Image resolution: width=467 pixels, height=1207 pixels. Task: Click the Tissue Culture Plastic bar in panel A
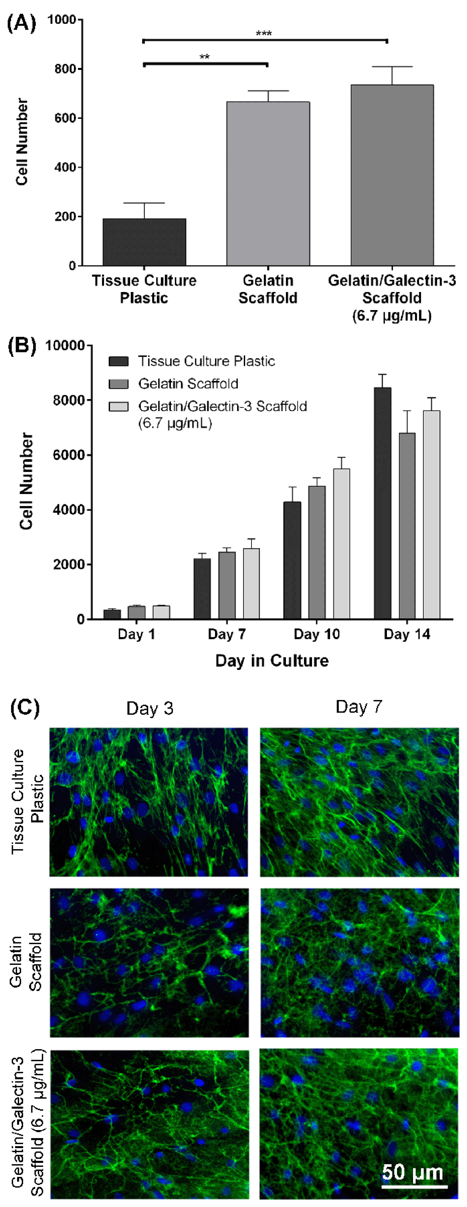pos(145,242)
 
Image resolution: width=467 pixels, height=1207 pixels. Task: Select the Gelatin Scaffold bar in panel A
pos(268,184)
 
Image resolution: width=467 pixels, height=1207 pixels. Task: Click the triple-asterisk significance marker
pos(264,33)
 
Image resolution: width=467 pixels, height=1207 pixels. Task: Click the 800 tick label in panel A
pos(65,69)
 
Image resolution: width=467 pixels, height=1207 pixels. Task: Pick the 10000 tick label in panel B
pos(65,345)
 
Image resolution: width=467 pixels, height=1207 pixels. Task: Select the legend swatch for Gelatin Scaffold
pos(119,384)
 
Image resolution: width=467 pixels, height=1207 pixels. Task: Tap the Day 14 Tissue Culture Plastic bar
pos(383,503)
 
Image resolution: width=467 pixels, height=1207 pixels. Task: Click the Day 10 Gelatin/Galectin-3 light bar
pos(341,544)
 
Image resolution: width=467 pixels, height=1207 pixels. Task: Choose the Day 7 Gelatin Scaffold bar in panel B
pos(227,585)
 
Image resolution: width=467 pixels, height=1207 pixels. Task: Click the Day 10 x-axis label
pos(316,634)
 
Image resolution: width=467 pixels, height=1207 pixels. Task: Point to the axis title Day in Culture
pos(272,661)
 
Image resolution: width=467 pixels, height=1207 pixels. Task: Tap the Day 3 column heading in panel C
pos(149,709)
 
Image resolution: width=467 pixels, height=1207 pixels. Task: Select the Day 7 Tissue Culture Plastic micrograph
pos(360,802)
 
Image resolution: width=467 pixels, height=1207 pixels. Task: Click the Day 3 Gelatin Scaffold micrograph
pos(149,963)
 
